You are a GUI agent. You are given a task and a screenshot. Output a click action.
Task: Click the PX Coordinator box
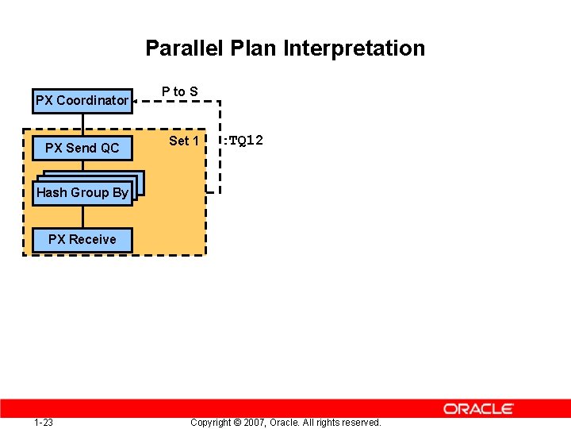point(82,101)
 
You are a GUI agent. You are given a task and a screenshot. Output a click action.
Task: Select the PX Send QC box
point(82,148)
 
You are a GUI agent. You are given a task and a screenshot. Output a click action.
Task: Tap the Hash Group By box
point(82,193)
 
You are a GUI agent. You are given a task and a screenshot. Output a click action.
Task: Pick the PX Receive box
point(82,239)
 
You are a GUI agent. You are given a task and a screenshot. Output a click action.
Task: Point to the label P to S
point(180,92)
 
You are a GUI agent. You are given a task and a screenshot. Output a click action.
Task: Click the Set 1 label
point(184,141)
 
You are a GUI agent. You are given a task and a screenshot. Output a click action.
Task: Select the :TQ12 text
point(243,141)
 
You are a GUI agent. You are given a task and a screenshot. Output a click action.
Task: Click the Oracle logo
point(478,408)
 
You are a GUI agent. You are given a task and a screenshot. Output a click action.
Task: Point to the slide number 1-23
point(44,422)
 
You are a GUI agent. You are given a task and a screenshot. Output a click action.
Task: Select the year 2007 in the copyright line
point(255,422)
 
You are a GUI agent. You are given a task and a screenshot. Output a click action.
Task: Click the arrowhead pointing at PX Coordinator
point(136,101)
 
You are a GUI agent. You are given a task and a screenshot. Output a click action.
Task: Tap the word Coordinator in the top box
point(92,101)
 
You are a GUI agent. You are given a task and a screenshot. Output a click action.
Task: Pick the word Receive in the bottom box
point(93,239)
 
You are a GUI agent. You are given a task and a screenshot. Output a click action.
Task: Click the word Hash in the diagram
point(52,193)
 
